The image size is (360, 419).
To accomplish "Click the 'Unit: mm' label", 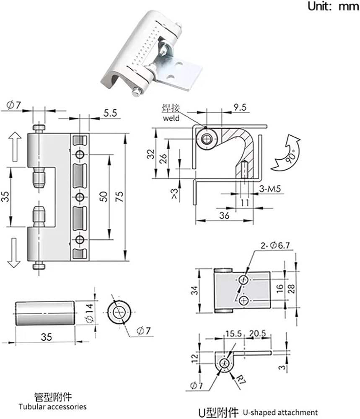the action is click(333, 6).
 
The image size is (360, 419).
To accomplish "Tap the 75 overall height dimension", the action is click(120, 197).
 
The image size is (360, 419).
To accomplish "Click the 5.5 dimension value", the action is click(110, 113).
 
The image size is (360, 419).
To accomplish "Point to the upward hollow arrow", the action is click(15, 147).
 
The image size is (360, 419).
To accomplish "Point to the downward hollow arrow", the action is click(14, 253).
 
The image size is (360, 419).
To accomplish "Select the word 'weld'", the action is click(171, 118).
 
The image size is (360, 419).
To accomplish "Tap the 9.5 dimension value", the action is click(240, 107).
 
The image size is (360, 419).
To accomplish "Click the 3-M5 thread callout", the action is click(270, 189).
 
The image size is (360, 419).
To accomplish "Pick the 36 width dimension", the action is click(224, 215).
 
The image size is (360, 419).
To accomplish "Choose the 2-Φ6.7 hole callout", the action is click(275, 245).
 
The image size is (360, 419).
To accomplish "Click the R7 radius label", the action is click(240, 379).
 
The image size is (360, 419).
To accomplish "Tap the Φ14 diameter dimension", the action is click(90, 313).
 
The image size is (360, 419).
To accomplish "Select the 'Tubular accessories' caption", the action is click(53, 407).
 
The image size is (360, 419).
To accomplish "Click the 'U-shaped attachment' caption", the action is click(280, 412).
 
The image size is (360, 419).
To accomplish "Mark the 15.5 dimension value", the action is click(233, 334).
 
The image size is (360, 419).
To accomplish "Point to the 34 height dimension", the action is click(195, 290).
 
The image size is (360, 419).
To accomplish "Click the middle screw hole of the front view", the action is click(79, 197).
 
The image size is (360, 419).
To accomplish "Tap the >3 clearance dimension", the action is click(174, 194).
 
